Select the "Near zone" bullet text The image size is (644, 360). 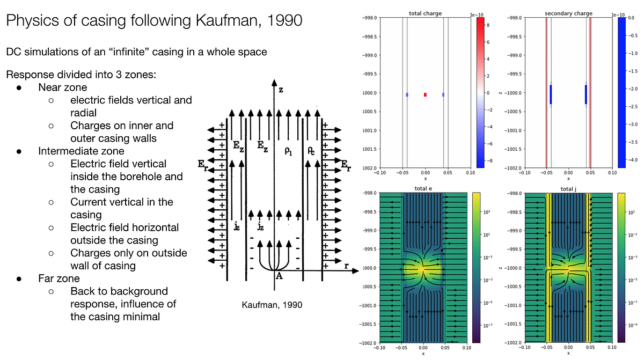[x=62, y=87]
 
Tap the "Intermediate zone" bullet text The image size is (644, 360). [x=81, y=151]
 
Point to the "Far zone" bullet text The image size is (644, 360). [x=58, y=278]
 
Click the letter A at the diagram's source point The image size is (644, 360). [x=279, y=276]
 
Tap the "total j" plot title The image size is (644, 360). [x=568, y=188]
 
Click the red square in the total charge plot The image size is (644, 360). [x=425, y=94]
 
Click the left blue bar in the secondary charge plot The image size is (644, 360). [x=551, y=94]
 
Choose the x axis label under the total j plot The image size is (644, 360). [x=568, y=353]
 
